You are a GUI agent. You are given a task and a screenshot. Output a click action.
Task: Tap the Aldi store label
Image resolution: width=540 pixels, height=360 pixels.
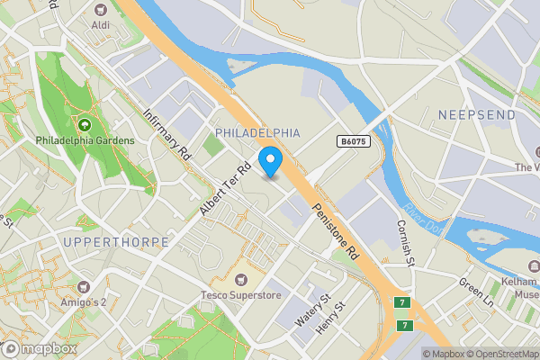101,24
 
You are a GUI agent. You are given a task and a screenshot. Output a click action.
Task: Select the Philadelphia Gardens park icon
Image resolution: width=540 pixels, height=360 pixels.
85,125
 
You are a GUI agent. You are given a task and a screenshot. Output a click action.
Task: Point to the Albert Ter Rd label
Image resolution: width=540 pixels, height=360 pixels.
225,190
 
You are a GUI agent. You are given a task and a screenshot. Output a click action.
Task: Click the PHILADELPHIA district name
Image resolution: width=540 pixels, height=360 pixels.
257,132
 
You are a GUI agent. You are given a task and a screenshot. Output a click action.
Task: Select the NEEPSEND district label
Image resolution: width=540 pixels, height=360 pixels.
477,115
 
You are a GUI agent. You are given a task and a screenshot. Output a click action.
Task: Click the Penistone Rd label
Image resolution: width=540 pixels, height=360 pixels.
337,230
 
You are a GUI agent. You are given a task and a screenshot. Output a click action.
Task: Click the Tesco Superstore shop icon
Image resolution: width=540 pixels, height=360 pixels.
240,279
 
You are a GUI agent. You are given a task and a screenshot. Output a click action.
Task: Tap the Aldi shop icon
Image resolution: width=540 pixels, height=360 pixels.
101,9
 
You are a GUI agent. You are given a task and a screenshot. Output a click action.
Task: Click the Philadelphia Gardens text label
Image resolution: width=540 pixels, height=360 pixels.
85,140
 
